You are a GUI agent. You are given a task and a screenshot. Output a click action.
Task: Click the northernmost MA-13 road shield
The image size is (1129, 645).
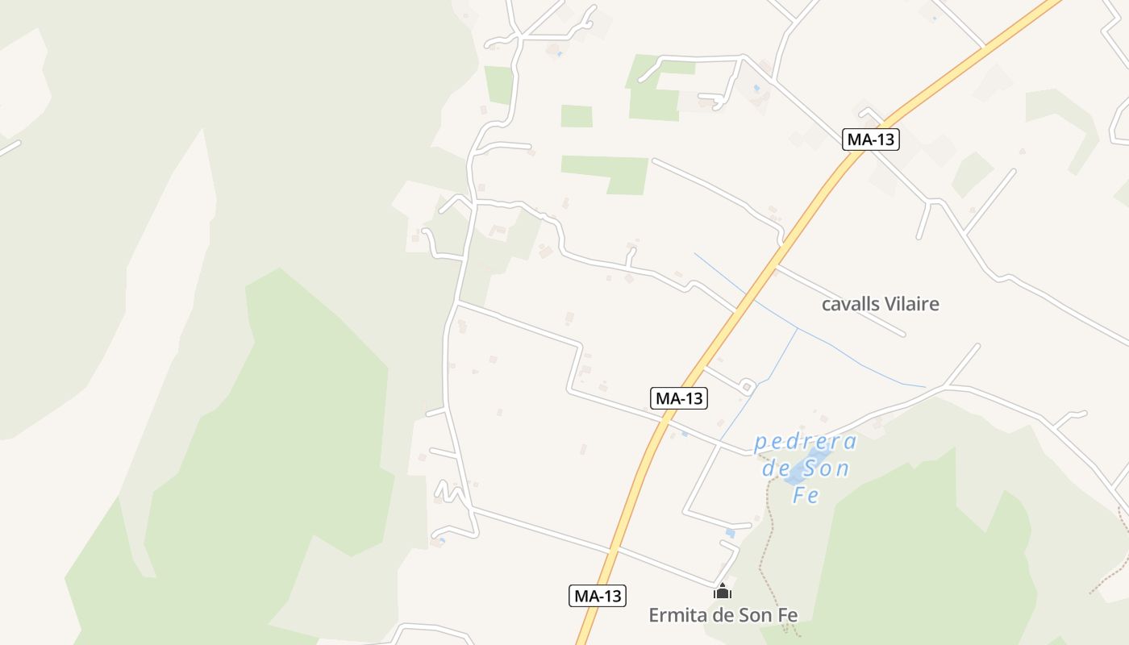(x=871, y=139)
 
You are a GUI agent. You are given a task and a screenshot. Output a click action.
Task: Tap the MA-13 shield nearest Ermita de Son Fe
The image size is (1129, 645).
(x=598, y=596)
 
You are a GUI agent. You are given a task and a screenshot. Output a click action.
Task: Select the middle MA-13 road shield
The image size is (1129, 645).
(x=679, y=397)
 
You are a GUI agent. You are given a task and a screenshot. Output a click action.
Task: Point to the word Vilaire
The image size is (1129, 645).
(x=912, y=304)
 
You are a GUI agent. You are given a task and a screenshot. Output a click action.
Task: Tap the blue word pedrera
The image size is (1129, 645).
(x=805, y=443)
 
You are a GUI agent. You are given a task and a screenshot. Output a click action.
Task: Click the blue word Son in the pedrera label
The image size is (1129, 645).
(x=825, y=468)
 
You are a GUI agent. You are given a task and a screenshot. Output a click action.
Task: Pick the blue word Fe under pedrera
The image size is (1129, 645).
(x=806, y=495)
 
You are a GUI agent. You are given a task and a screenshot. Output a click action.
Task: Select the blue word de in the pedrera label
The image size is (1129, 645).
(x=778, y=468)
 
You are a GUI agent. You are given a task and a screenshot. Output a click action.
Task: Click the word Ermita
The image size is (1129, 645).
(x=676, y=615)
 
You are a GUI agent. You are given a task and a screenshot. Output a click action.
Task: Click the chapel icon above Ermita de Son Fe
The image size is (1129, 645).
(x=723, y=593)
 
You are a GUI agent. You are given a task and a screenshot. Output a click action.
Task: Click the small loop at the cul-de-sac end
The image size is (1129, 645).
(x=747, y=387)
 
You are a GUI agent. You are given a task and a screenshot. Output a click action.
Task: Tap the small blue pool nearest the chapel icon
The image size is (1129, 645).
(x=730, y=533)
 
